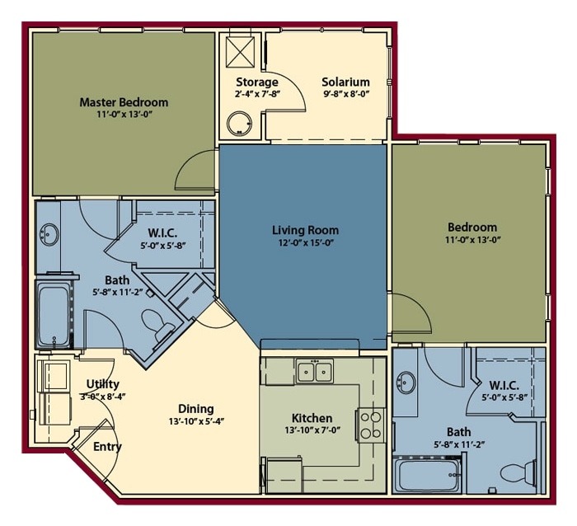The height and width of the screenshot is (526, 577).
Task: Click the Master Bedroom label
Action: point(124,102)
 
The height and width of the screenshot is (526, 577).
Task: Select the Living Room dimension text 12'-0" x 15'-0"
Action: point(305,243)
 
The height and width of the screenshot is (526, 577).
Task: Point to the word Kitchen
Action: point(312,418)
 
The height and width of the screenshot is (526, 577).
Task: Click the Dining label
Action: point(195,408)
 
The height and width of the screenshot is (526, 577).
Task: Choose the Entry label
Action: point(107,447)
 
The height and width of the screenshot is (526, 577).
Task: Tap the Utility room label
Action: point(103,384)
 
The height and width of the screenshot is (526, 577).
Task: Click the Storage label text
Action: point(256,82)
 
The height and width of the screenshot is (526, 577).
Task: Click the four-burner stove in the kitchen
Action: point(370,424)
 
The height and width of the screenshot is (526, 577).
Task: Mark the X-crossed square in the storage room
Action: point(242,52)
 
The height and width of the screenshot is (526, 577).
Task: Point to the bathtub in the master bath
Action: point(54,315)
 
